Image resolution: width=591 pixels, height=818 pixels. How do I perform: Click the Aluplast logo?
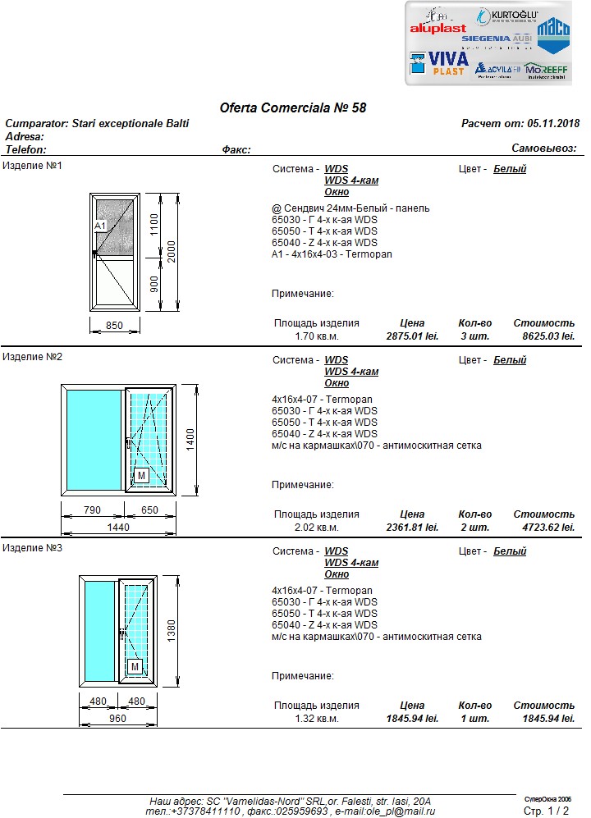[438, 27]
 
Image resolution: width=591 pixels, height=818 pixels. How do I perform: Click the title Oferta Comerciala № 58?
[293, 107]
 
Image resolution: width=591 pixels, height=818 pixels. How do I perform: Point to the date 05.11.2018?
[553, 123]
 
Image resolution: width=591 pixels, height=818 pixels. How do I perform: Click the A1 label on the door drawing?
[100, 225]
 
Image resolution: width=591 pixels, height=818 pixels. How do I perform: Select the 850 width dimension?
[114, 326]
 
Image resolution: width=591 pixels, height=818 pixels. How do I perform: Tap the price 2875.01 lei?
[412, 336]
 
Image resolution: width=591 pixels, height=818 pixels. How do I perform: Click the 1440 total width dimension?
[118, 528]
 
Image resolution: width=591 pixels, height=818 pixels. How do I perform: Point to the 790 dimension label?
[93, 510]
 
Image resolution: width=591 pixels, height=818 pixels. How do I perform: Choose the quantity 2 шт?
[474, 527]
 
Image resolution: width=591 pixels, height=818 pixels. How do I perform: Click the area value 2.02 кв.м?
[316, 527]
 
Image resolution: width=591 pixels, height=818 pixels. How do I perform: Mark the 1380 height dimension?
[171, 629]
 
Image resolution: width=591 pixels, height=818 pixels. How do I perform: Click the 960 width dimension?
[117, 719]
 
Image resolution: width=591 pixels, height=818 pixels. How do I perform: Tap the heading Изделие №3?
[33, 547]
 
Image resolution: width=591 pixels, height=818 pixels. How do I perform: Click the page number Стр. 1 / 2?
[546, 811]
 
